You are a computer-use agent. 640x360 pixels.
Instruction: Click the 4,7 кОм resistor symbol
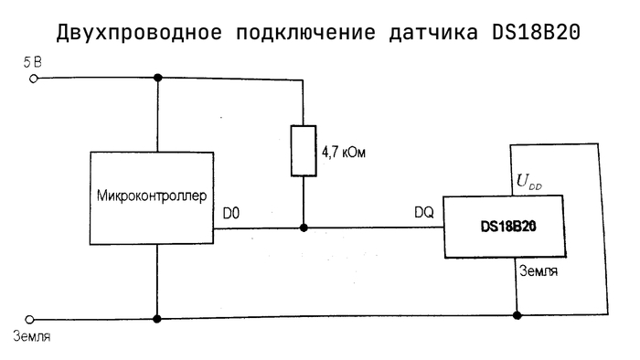304,151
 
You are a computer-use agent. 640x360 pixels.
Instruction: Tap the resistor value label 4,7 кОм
343,153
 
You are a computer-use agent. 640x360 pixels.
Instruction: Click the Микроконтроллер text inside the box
152,196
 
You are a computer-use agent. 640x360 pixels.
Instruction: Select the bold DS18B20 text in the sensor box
508,227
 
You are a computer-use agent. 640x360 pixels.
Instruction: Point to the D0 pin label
231,213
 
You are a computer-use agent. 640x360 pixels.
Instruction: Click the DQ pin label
424,212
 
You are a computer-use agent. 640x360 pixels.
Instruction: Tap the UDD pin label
529,182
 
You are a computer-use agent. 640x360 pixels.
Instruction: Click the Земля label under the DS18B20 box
539,271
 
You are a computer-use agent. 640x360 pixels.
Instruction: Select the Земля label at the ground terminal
32,336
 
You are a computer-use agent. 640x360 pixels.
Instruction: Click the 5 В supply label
33,62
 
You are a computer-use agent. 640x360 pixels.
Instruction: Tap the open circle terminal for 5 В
34,79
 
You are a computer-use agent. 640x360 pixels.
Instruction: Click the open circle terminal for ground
29,319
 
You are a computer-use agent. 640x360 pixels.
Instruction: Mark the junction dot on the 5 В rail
158,78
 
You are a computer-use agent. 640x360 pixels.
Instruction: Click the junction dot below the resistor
304,228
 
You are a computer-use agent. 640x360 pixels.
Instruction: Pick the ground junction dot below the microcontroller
156,319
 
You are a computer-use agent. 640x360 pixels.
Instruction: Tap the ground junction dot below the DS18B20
517,315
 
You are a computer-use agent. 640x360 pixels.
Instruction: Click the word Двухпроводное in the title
139,32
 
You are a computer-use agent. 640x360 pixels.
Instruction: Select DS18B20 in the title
536,32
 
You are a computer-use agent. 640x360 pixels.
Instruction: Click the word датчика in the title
433,33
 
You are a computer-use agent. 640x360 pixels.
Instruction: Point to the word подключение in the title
305,33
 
